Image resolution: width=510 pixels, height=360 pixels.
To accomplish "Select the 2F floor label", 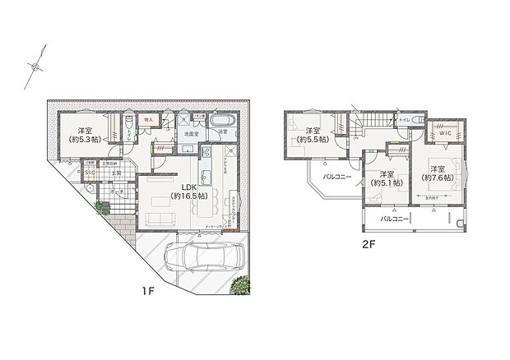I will click(371, 244).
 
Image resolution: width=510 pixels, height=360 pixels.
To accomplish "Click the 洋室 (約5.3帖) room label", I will click(85, 136).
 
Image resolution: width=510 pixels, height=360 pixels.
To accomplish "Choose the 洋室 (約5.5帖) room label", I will click(313, 135).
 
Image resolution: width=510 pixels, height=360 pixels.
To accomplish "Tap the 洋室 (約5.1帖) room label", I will click(386, 178).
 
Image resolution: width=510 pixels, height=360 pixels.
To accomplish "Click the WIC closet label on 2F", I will click(446, 132).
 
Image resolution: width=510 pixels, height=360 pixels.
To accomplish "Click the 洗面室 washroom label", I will click(192, 133).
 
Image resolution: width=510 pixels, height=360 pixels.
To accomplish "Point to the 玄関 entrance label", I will click(117, 174).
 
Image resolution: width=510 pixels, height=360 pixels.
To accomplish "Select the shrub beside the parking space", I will click(240, 286).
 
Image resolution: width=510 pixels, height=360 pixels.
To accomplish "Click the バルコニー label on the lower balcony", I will click(397, 220).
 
